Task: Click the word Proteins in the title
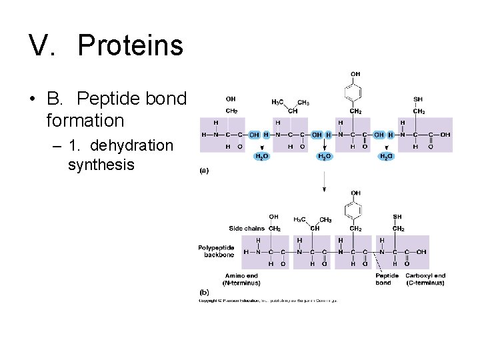click(130, 45)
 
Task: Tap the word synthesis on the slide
click(101, 164)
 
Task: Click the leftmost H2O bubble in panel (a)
click(262, 157)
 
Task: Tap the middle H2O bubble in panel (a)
click(323, 157)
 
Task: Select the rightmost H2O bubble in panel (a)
click(386, 157)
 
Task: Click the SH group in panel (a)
click(418, 99)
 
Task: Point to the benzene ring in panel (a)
click(355, 91)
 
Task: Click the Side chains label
click(247, 229)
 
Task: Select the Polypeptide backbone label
click(216, 251)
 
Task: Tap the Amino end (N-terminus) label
click(241, 279)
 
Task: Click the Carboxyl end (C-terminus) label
click(425, 279)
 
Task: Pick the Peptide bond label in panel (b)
click(387, 279)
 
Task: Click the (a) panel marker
click(205, 171)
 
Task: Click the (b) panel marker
click(205, 291)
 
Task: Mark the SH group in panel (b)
click(398, 217)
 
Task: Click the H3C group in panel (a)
click(278, 102)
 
